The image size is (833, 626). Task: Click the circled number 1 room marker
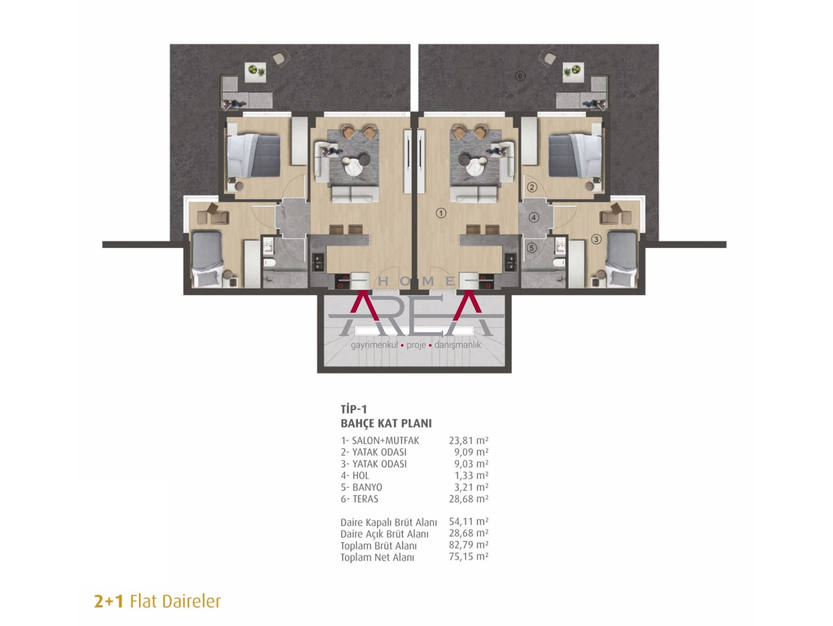(x=441, y=213)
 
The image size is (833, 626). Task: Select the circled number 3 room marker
(x=596, y=239)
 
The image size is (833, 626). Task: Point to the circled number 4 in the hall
(x=534, y=217)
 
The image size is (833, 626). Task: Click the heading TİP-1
(x=354, y=409)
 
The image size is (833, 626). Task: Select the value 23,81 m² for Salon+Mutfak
(x=469, y=440)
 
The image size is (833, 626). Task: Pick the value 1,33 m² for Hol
(x=471, y=475)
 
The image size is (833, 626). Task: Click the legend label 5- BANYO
(x=361, y=487)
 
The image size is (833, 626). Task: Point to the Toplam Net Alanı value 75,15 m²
(x=469, y=557)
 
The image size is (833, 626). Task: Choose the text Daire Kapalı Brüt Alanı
(x=389, y=523)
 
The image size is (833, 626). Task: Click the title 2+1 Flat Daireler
(x=157, y=602)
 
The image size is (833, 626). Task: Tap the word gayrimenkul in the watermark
(x=374, y=345)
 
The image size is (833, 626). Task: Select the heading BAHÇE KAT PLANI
(x=386, y=423)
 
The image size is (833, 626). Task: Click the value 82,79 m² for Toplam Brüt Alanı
(x=469, y=545)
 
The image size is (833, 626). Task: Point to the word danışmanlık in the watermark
(x=457, y=345)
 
